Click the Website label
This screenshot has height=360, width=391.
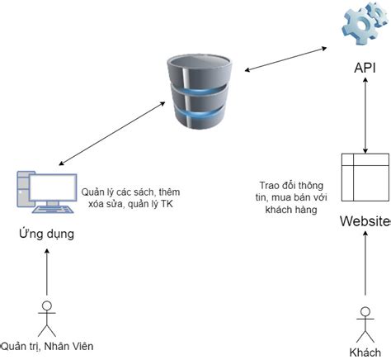point(365,222)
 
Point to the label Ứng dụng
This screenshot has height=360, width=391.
point(46,234)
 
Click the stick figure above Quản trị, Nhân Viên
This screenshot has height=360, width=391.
point(46,318)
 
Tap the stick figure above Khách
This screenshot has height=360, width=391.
point(364,322)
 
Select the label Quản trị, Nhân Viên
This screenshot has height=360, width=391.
point(48,346)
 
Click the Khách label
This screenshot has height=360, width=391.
point(365,352)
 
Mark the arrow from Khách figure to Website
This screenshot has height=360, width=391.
point(364,268)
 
